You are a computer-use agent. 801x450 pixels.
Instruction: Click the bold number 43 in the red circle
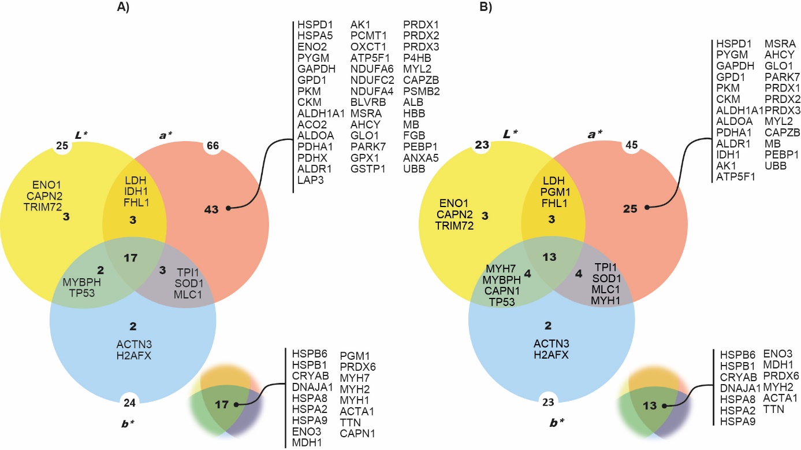pyautogui.click(x=211, y=209)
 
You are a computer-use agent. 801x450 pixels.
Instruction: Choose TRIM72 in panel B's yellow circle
pyautogui.click(x=456, y=226)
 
